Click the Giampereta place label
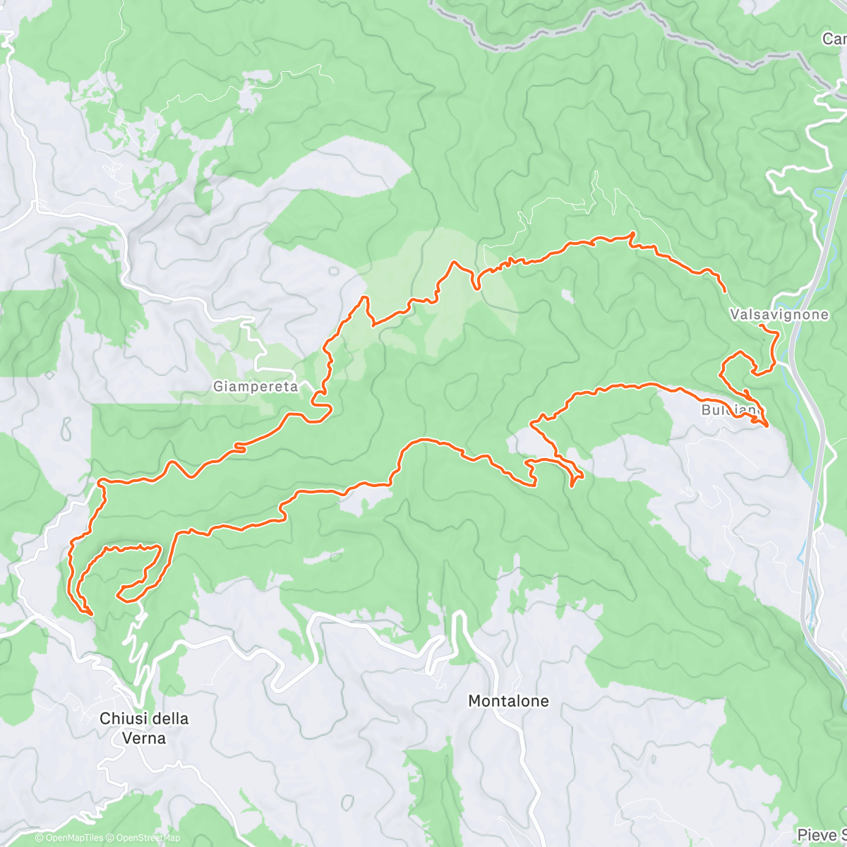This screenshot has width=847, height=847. [x=255, y=386]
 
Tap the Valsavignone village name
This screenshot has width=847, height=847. [x=779, y=314]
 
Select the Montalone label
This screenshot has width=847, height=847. [x=508, y=701]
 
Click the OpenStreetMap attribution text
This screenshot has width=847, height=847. [x=148, y=839]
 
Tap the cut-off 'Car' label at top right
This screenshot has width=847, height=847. [x=834, y=40]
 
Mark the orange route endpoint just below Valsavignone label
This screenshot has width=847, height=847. [x=760, y=326]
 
